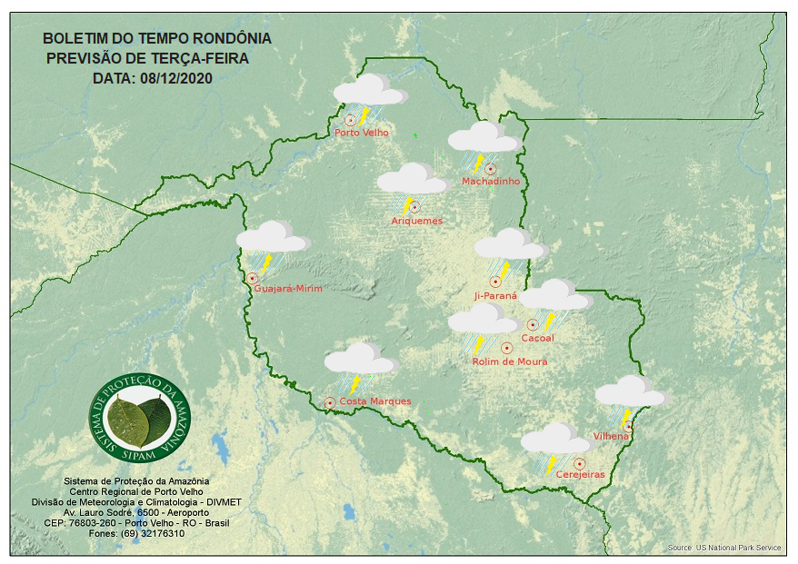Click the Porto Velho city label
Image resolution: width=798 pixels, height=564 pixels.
(362, 133)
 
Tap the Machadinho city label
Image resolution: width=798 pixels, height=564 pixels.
(491, 182)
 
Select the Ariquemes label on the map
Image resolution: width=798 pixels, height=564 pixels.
(416, 221)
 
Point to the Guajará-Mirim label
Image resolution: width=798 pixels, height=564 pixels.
(289, 288)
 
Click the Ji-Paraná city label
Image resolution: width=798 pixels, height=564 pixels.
(495, 296)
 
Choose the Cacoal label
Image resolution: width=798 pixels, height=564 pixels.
(537, 339)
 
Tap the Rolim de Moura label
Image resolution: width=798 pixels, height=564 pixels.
(509, 361)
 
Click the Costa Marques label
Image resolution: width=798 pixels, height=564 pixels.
(374, 401)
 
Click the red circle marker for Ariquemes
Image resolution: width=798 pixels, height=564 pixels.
(414, 207)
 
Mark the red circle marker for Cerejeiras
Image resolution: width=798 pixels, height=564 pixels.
(579, 463)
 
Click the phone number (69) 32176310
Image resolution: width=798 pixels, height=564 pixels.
(163, 533)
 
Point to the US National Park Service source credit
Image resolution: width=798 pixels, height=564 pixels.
(723, 548)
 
